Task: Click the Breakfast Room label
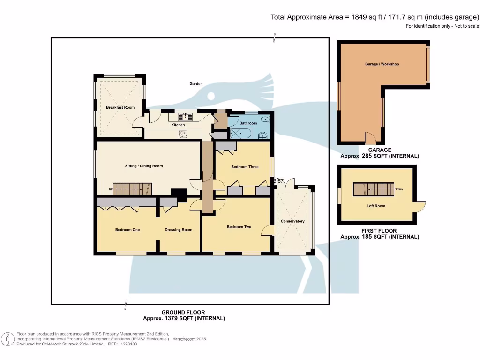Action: tap(120, 107)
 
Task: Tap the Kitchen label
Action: tap(178, 125)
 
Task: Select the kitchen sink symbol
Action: tap(186, 117)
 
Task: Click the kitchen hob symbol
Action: tap(183, 134)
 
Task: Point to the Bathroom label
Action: tap(248, 123)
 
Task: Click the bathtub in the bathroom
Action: tap(240, 133)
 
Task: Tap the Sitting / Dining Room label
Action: tap(144, 166)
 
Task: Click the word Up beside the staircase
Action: tap(111, 189)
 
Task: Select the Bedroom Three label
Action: tap(245, 167)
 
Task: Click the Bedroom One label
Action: tap(127, 230)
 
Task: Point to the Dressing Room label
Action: tap(179, 230)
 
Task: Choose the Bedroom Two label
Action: tap(239, 227)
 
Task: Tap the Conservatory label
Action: tap(292, 221)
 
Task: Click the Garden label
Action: tap(196, 83)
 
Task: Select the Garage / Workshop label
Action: tap(382, 64)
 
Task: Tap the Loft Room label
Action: tap(376, 206)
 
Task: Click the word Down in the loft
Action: tap(398, 189)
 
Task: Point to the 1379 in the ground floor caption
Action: tap(172, 318)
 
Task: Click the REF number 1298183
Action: tap(129, 344)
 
